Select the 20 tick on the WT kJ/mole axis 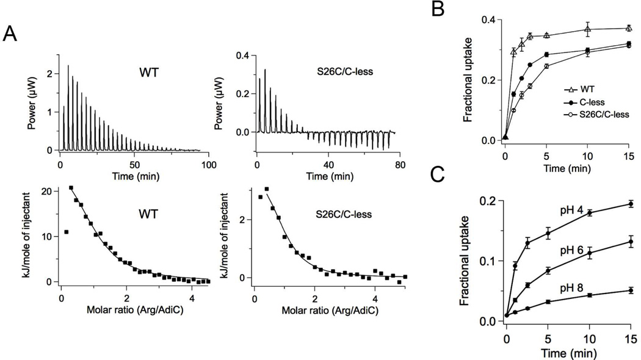click(x=50, y=192)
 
